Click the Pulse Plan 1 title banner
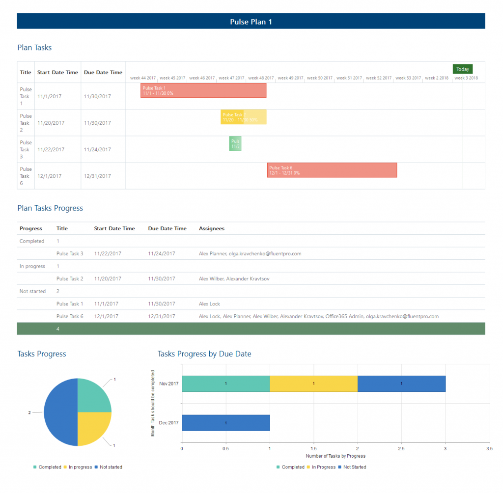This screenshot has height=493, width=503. [251, 22]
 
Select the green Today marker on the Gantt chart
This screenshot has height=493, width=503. [462, 69]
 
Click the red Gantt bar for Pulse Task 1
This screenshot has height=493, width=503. [203, 90]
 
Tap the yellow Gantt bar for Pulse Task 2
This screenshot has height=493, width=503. [243, 117]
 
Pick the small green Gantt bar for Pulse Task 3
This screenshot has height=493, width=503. [235, 143]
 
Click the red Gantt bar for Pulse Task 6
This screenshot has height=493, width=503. [332, 170]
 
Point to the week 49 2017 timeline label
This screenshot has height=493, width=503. [290, 78]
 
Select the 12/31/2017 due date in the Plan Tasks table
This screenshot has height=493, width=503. [97, 176]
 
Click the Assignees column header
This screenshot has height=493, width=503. [211, 228]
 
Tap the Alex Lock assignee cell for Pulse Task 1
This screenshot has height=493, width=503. [209, 304]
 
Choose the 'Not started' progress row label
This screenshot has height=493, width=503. [32, 291]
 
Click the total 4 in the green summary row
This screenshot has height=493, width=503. [58, 329]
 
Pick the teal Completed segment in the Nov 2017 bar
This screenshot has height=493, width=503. [225, 383]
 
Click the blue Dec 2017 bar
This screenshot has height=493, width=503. [225, 423]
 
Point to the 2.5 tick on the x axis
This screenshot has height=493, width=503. [401, 448]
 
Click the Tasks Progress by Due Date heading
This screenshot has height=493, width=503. [204, 354]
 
